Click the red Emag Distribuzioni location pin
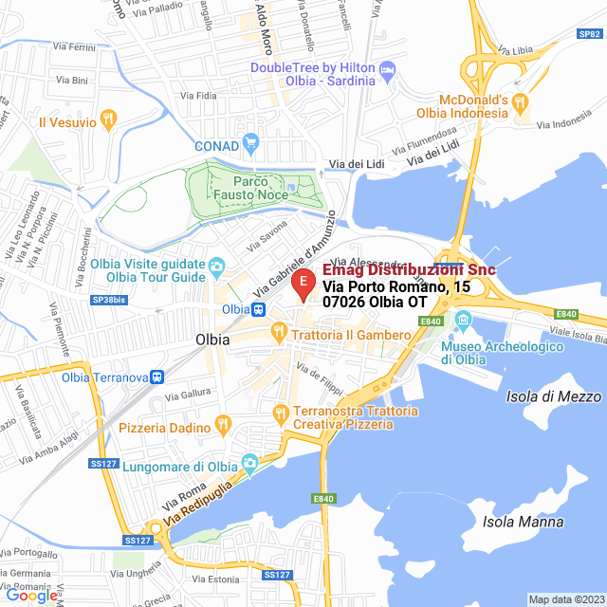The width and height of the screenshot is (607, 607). coord(303,284)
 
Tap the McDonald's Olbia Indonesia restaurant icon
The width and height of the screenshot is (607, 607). coord(519,101)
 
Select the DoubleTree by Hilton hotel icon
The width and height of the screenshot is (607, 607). coord(387,69)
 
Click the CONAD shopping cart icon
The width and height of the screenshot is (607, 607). coord(250,145)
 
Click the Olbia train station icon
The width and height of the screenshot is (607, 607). coord(257,309)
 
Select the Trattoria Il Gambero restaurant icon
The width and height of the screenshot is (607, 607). coord(279,334)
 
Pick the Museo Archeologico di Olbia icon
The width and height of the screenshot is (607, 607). coord(463,319)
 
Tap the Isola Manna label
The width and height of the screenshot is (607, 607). coord(523,522)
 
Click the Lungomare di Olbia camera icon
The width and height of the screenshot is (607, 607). coord(249,464)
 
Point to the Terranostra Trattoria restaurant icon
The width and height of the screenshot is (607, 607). coord(279,413)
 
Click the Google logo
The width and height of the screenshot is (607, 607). coord(32,596)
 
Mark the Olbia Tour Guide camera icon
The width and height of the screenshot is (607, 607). coord(217,266)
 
